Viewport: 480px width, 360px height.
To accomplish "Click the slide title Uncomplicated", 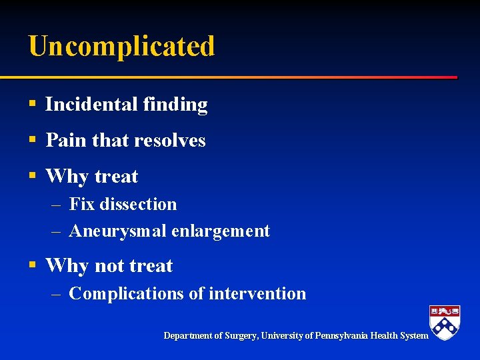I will click(x=121, y=47).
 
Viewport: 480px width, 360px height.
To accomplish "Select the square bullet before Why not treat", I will click(x=32, y=266).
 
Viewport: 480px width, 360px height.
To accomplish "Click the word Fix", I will click(x=82, y=204).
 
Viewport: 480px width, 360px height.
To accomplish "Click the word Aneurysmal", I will click(x=117, y=231).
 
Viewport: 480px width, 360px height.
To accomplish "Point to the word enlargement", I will click(x=221, y=231).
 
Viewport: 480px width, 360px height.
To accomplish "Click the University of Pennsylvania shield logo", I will click(x=445, y=322).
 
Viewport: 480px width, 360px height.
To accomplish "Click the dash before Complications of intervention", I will click(x=57, y=294).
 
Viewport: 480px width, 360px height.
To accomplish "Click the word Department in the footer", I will click(x=189, y=336).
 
